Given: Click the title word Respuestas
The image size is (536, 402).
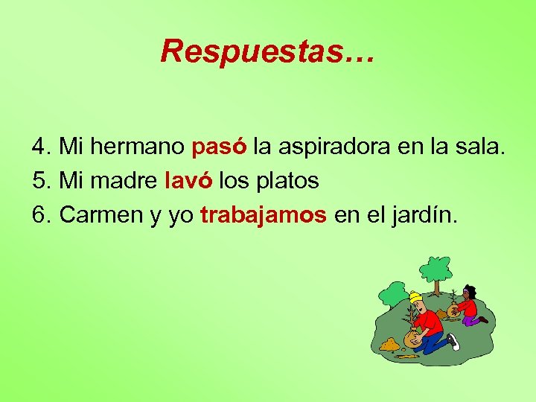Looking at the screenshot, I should click(269, 51).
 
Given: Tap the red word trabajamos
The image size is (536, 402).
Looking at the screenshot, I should click(264, 215).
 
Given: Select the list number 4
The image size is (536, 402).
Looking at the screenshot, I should click(39, 146).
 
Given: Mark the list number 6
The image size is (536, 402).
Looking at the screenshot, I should click(39, 215).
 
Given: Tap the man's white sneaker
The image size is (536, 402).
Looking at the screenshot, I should click(453, 341).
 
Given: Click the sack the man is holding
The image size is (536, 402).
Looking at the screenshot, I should click(412, 337).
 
